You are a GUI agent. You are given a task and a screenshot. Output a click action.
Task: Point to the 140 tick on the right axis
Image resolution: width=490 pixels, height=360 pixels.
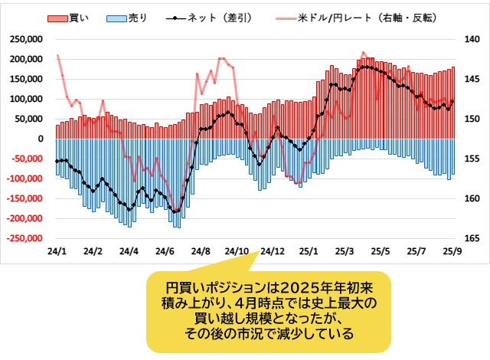pos(468,39)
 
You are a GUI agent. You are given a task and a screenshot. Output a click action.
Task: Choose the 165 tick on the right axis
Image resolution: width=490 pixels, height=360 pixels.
pos(468,238)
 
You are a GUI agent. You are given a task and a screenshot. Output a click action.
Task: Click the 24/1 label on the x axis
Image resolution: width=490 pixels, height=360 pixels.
pos(56,251)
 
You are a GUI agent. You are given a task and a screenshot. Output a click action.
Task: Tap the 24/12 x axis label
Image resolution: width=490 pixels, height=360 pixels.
pos(273,251)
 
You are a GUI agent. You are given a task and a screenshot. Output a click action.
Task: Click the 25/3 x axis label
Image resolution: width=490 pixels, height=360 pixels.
pos(345,251)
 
